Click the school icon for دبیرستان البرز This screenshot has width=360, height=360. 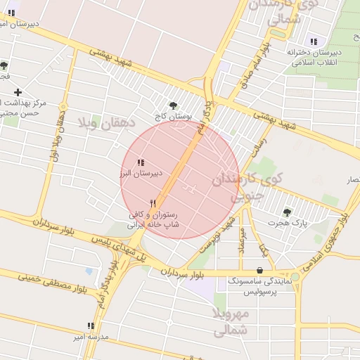click(x=141, y=162)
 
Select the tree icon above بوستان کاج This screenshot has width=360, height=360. click(x=173, y=105)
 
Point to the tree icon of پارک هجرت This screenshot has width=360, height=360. click(x=287, y=212)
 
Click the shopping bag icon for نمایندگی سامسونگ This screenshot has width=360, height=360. click(x=260, y=270)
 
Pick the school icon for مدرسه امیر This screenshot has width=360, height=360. click(x=91, y=326)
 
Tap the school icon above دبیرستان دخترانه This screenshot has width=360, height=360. click(x=313, y=41)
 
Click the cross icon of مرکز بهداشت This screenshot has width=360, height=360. click(x=18, y=92)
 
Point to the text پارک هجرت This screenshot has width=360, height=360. click(x=288, y=223)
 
